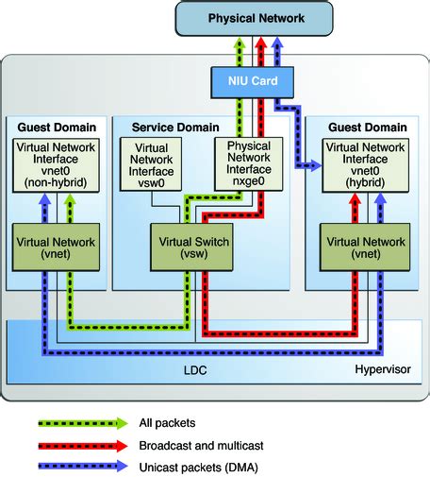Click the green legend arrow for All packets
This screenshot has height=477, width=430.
click(x=84, y=422)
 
